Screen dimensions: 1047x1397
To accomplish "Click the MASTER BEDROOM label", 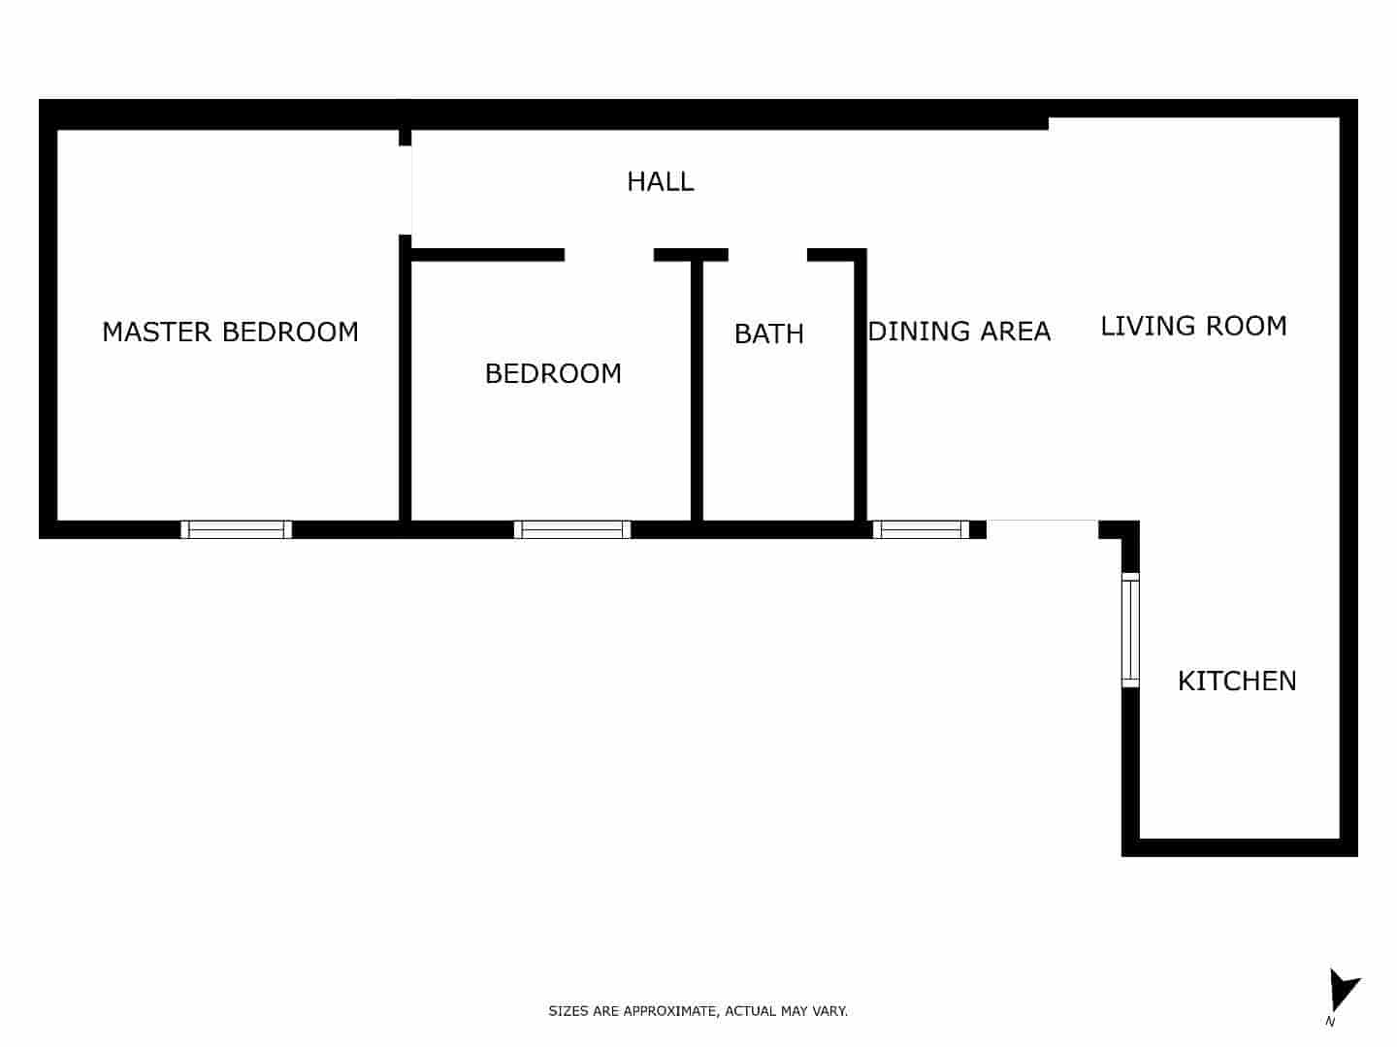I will pos(230,332).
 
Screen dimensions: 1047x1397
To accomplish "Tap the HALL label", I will pos(660,181).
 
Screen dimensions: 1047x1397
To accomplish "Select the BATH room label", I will pos(768,333).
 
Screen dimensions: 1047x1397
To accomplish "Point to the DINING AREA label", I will pos(959,332).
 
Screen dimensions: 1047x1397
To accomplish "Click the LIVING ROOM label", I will pos(1193,326).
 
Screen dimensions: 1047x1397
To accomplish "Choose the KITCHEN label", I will pos(1236,681).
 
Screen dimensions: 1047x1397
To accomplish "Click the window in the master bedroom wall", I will pos(237,529).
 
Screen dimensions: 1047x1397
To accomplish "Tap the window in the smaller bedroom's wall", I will pos(571,529).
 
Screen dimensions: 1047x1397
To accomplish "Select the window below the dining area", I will pos(921,529).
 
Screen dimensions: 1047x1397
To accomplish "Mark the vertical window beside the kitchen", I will pos(1130,630).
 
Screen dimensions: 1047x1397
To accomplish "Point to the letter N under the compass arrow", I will pos(1330,1021).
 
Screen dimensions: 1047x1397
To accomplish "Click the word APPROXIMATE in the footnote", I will pos(670,1011).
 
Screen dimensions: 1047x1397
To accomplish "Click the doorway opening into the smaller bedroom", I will pos(609,255).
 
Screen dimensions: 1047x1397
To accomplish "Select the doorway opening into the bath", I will pos(767,255).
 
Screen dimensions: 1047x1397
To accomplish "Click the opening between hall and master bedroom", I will pos(406,190).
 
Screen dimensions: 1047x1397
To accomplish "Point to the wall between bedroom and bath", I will pos(697,388).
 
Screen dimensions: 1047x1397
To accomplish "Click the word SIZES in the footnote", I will pos(569,1011).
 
